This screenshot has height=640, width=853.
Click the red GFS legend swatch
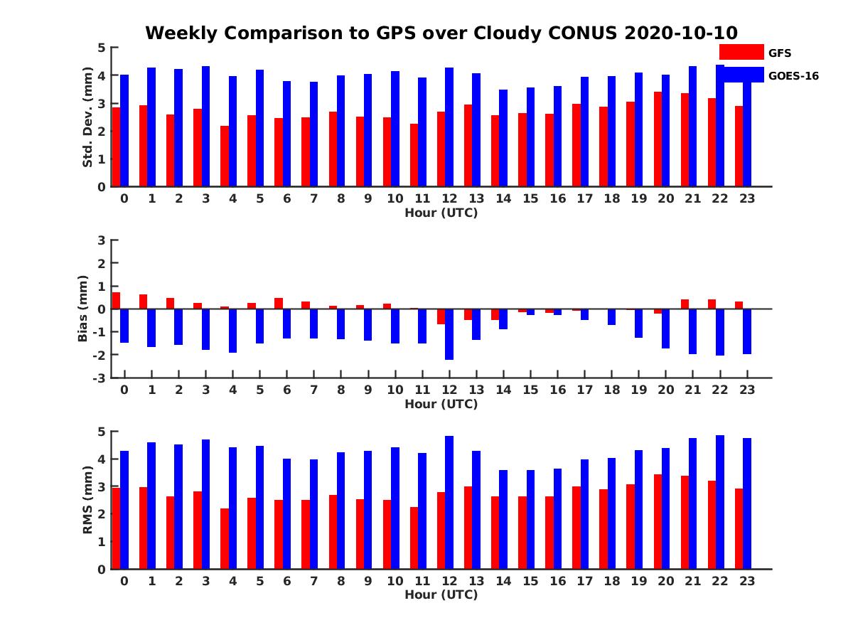[741, 52]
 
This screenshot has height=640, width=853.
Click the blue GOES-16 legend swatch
[741, 74]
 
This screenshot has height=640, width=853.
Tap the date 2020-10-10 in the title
[681, 33]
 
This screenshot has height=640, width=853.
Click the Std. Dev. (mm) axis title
[87, 117]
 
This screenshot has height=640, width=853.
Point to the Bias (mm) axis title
[82, 309]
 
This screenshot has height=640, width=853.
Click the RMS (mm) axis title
[87, 500]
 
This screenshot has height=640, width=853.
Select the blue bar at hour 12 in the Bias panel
[449, 334]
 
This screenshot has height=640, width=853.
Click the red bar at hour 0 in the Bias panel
[116, 301]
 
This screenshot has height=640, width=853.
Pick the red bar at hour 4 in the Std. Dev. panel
[225, 156]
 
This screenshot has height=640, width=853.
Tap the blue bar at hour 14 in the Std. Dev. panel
[503, 138]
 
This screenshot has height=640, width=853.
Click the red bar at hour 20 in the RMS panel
[658, 521]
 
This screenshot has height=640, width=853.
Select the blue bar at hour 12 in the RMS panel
[449, 503]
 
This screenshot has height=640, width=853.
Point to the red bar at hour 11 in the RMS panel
[414, 538]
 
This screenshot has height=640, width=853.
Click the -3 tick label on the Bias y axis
[99, 378]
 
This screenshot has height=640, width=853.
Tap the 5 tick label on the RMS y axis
[102, 432]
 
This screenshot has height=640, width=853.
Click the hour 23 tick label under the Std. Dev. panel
[747, 198]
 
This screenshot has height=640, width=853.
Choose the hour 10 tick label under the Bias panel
[395, 390]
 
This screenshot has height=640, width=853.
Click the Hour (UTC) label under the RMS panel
[441, 594]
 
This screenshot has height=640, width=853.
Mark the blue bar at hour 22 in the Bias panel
[720, 332]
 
